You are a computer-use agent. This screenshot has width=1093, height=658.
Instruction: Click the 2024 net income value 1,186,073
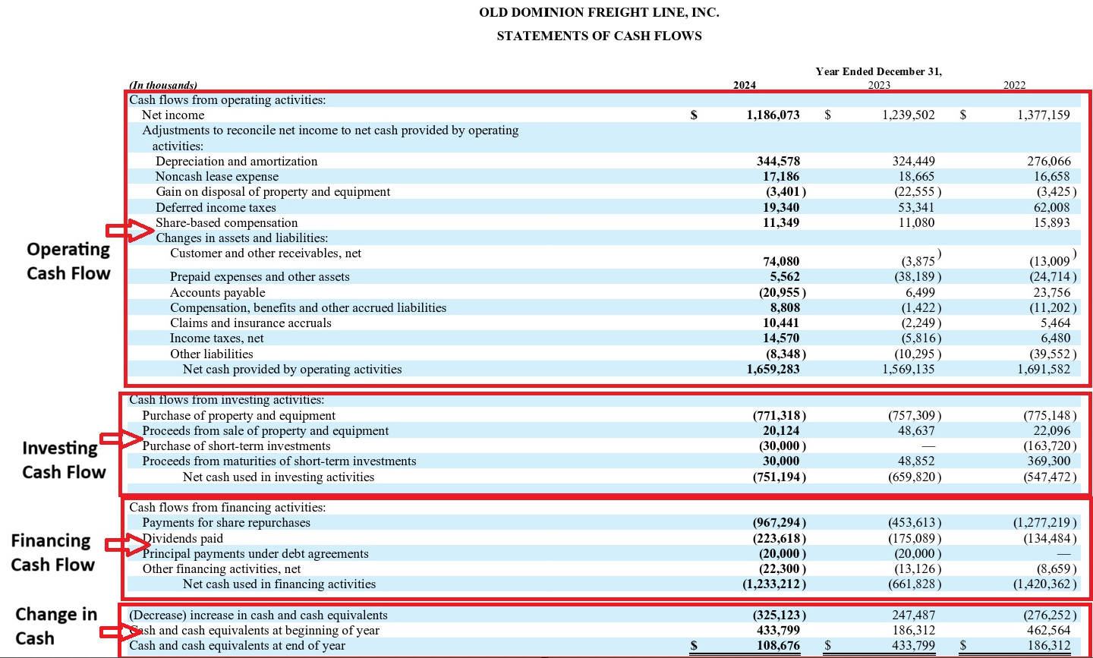tap(773, 115)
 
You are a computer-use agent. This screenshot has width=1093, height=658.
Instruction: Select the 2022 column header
tap(1014, 85)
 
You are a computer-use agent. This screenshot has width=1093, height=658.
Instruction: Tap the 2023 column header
tap(879, 85)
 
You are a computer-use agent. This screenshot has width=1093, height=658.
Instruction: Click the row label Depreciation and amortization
tap(237, 162)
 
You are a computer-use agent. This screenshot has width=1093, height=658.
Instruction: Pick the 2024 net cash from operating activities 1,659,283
tap(773, 370)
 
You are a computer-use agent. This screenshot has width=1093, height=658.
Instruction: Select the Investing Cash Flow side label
tap(64, 460)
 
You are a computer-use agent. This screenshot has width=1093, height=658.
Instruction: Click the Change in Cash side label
tap(56, 626)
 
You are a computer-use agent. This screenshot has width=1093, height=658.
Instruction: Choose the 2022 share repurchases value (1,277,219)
tap(1044, 523)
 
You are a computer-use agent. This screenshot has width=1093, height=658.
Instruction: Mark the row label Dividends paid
tap(183, 539)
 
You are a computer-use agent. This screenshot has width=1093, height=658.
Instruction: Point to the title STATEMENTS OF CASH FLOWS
tap(599, 36)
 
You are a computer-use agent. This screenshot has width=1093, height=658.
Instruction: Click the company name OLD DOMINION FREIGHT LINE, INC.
tap(599, 13)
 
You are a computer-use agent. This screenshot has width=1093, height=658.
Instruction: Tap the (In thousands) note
tap(163, 86)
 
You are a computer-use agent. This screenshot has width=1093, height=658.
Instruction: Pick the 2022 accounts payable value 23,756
tap(1051, 293)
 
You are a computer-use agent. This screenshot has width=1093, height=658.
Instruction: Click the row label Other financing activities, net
tap(222, 569)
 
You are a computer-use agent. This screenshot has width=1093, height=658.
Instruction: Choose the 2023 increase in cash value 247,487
tap(913, 615)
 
